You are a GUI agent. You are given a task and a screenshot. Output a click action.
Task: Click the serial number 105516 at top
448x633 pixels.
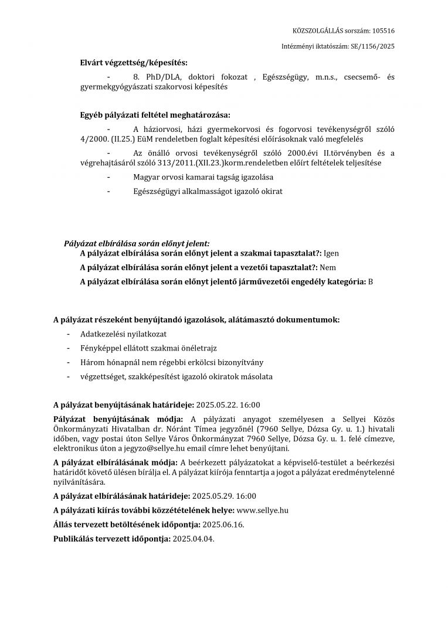click(x=383, y=30)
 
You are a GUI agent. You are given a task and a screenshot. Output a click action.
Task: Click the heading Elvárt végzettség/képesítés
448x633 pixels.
click(x=134, y=62)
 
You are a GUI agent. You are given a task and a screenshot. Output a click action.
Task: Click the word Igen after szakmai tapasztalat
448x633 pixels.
click(x=331, y=253)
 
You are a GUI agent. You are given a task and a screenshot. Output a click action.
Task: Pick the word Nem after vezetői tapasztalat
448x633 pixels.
click(x=327, y=267)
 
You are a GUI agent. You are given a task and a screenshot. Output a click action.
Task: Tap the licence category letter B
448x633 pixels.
click(x=371, y=281)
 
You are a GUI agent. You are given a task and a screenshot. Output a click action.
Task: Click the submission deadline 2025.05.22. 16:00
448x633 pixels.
click(x=228, y=404)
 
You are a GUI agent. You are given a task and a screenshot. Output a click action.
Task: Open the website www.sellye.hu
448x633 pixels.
click(x=263, y=510)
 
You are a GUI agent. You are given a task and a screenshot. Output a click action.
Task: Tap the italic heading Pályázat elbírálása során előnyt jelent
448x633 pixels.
click(x=137, y=243)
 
